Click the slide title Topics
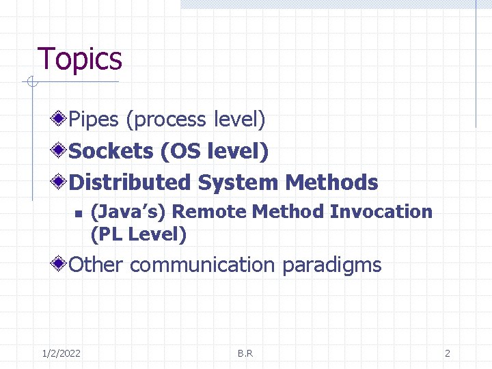pyautogui.click(x=80, y=59)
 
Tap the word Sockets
pyautogui.click(x=111, y=151)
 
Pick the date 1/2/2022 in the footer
pyautogui.click(x=61, y=353)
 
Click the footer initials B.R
pyautogui.click(x=245, y=353)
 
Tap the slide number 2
pyautogui.click(x=447, y=353)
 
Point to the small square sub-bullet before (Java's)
pyautogui.click(x=78, y=213)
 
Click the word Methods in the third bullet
pyautogui.click(x=331, y=182)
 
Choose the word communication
pyautogui.click(x=202, y=265)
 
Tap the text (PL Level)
pyautogui.click(x=138, y=234)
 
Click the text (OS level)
pyautogui.click(x=214, y=151)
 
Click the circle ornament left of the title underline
pyautogui.click(x=30, y=83)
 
